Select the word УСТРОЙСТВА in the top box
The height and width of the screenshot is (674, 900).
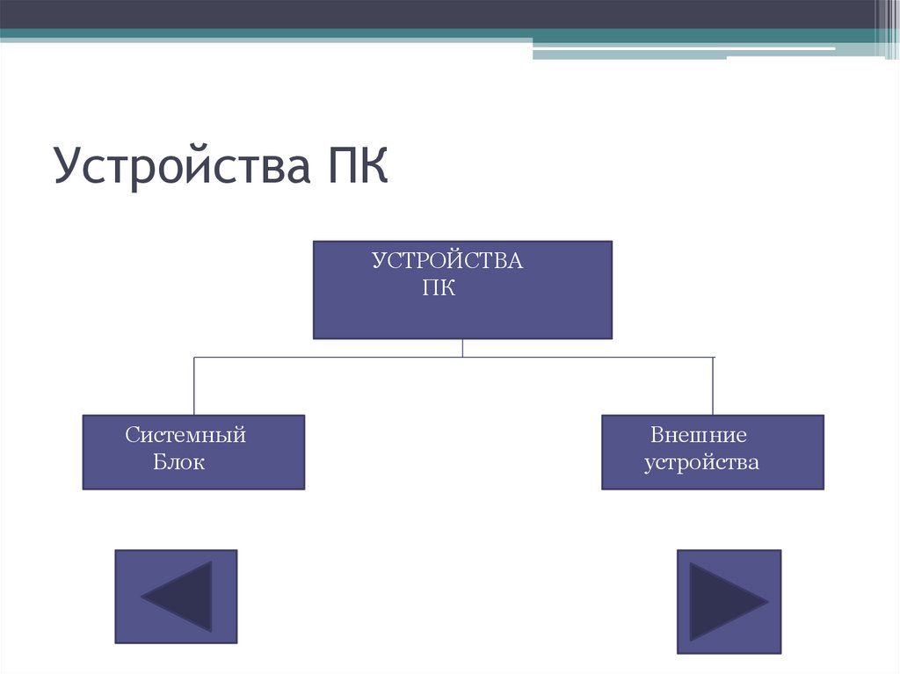tap(446, 261)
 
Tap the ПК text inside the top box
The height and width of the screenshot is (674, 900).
tap(439, 288)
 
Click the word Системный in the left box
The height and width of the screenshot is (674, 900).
tap(185, 435)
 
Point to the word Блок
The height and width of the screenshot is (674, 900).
tap(178, 462)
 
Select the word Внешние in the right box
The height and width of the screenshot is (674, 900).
tap(699, 435)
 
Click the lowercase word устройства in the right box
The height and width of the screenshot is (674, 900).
tap(701, 462)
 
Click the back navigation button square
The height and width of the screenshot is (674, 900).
tap(176, 596)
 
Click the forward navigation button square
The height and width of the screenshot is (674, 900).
tap(729, 601)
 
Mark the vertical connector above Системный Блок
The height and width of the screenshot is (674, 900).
tap(194, 386)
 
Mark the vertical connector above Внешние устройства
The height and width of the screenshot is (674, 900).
tap(713, 386)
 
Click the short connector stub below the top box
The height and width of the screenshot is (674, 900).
tap(462, 348)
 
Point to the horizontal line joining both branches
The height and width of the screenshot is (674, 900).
tap(352, 358)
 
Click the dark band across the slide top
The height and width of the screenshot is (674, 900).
tap(439, 14)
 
